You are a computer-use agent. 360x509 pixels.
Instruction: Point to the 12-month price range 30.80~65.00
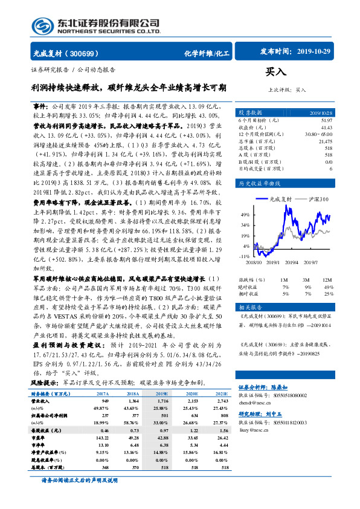318,134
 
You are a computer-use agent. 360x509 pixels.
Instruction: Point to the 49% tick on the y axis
245,215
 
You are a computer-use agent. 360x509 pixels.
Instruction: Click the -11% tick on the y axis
245,256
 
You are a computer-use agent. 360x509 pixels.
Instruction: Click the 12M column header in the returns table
326,280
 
